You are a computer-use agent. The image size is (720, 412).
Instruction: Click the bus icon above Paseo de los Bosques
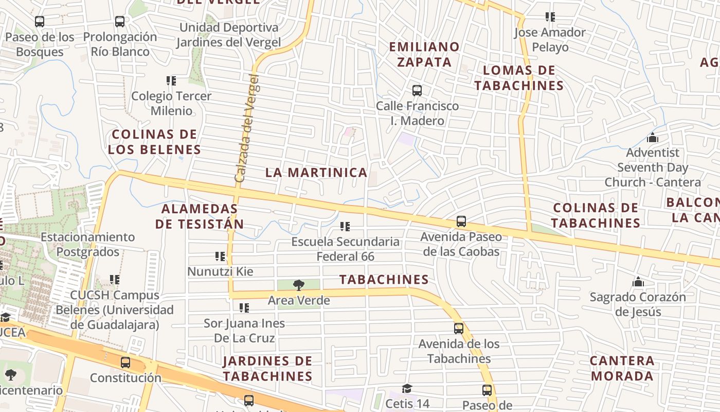click(x=40, y=22)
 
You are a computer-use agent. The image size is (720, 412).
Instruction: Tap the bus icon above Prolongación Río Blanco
click(x=120, y=22)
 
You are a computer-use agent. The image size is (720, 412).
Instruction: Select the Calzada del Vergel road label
click(x=247, y=128)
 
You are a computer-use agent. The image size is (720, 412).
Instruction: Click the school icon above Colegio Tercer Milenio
click(x=171, y=81)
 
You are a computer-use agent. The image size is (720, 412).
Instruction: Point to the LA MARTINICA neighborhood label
click(x=316, y=173)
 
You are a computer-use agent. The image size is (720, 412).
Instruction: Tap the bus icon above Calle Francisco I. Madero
click(x=417, y=91)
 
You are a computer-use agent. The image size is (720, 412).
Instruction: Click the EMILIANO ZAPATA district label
click(x=424, y=54)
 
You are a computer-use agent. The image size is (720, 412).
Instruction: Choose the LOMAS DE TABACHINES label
click(x=519, y=78)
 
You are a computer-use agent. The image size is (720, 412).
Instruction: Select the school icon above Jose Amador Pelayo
click(x=550, y=17)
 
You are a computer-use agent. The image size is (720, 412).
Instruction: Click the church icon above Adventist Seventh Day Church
click(x=653, y=138)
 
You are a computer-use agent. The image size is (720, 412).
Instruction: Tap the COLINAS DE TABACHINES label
click(x=596, y=215)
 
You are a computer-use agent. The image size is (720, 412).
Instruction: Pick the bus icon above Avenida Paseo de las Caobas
click(x=461, y=221)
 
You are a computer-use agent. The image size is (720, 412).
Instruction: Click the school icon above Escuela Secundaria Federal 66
click(x=345, y=226)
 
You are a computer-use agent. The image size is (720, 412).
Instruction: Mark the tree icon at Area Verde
click(x=298, y=285)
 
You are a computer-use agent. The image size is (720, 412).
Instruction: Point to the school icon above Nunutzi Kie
click(x=220, y=256)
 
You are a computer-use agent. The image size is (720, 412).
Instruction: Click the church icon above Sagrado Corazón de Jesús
click(x=638, y=282)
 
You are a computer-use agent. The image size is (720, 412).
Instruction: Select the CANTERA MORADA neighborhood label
click(x=622, y=368)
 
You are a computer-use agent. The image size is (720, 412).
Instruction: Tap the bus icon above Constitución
click(x=125, y=363)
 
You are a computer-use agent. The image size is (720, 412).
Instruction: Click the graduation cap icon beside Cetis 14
click(x=407, y=388)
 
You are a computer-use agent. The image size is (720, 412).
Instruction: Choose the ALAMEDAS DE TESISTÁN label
click(x=200, y=216)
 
